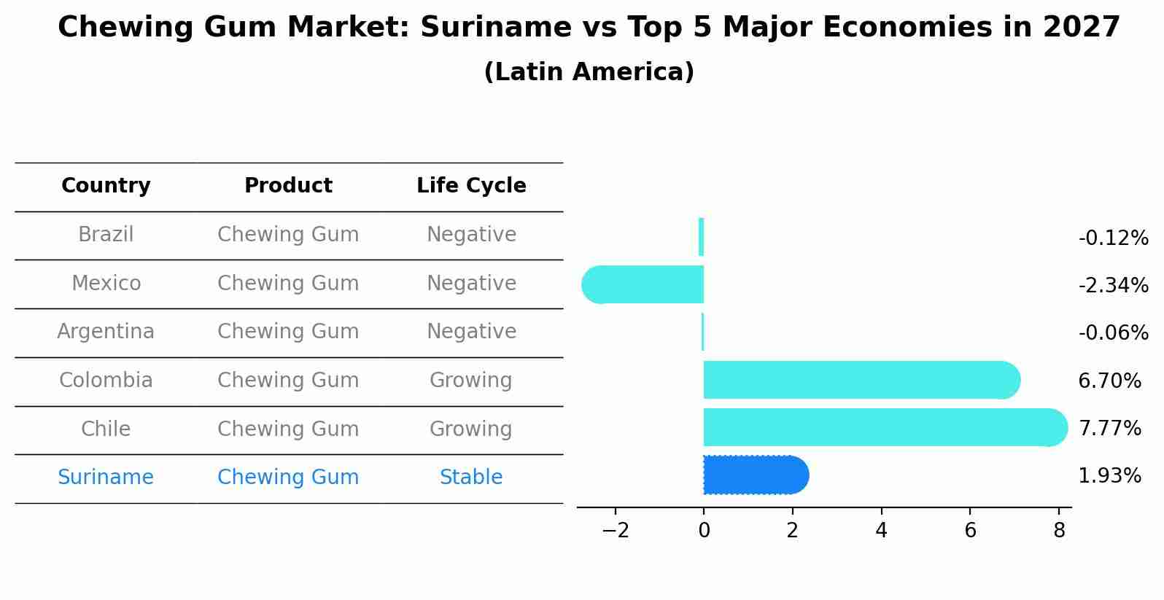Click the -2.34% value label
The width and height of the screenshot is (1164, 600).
1113,286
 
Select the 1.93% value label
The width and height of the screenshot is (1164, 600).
1109,476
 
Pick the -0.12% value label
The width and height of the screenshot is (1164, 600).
1113,238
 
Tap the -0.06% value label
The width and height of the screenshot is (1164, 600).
1113,333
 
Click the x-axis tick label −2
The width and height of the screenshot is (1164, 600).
616,531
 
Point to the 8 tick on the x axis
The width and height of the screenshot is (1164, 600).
1059,531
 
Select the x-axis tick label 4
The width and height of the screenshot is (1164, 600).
881,531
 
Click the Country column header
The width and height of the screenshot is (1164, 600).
106,186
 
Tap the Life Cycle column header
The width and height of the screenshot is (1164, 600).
471,186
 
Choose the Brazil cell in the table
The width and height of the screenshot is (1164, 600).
106,235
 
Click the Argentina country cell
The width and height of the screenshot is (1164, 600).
106,332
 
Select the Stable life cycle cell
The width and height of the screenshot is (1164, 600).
471,478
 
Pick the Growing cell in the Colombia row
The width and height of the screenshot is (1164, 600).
471,381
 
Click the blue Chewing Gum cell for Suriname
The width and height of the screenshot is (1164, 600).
288,478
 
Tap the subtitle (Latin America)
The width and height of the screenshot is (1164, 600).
589,72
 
